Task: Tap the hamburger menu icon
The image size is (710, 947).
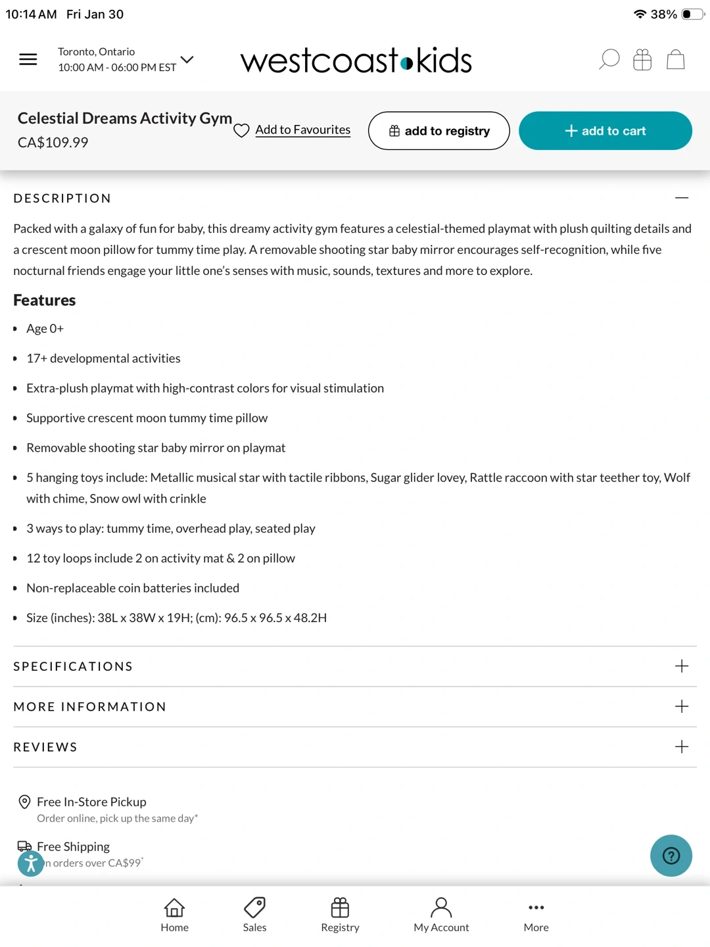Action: tap(28, 60)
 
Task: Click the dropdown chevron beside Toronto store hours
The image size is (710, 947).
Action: tap(187, 60)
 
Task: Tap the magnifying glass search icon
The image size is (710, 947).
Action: tap(609, 60)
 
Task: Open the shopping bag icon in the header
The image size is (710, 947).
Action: tap(676, 60)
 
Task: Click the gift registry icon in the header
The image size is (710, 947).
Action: tap(642, 60)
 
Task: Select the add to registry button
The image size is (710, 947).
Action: tap(438, 131)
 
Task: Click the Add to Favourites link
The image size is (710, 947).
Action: tap(302, 130)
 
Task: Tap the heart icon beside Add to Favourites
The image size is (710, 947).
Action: tap(241, 131)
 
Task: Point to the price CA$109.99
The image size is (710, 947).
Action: tap(53, 143)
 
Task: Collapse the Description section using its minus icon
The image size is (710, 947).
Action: tap(682, 198)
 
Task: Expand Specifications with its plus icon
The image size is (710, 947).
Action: tap(682, 666)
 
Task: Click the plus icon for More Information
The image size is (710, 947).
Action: tap(682, 706)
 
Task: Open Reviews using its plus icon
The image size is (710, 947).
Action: tap(682, 746)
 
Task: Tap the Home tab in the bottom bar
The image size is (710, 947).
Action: tap(174, 915)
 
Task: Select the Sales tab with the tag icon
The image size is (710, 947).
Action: tap(254, 915)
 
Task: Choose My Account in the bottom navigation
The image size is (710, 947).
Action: tap(441, 915)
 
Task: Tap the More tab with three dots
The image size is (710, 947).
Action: tap(536, 915)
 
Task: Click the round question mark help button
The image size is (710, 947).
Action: tap(671, 856)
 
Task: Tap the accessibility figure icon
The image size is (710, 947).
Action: tap(31, 863)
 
